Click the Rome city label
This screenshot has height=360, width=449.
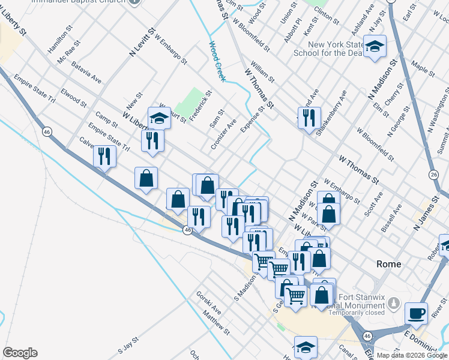388,264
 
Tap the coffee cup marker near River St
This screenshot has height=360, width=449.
416,313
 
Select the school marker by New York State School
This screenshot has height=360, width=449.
375,47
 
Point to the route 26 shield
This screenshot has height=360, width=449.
434,175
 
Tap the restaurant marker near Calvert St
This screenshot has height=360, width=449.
105,157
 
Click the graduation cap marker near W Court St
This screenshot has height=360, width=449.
159,119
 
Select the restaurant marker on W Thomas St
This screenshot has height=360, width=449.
309,118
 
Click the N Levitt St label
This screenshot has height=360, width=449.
142,42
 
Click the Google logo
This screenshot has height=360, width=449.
20,353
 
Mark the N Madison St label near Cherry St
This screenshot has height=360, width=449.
384,79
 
